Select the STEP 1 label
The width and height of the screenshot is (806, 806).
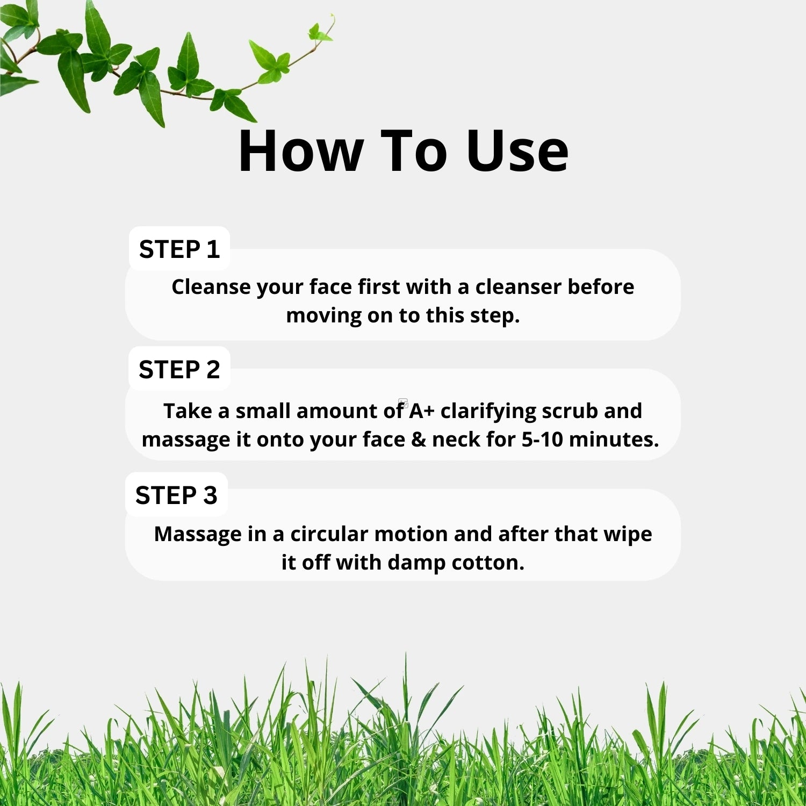click(x=179, y=249)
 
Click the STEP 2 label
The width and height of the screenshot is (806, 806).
click(x=179, y=370)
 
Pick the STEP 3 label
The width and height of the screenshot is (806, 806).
click(x=176, y=495)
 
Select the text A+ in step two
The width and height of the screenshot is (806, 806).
click(x=422, y=411)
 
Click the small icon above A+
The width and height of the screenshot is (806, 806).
click(x=403, y=402)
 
